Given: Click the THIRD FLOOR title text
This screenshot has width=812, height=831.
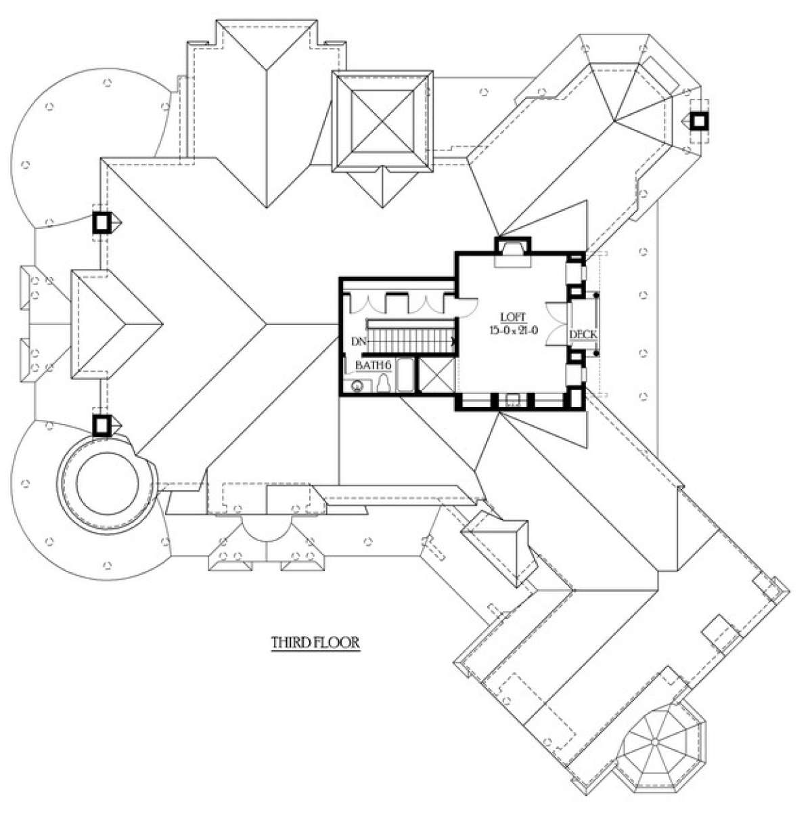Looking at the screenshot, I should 315,642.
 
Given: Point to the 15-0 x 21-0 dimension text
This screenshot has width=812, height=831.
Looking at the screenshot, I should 513,329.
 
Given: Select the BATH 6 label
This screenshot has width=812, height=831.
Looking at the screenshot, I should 374,366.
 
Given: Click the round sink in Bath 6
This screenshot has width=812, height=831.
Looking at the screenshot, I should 357,387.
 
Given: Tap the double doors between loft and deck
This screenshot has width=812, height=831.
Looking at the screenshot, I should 558,324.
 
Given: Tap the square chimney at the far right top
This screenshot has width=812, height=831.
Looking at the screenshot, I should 699,121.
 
